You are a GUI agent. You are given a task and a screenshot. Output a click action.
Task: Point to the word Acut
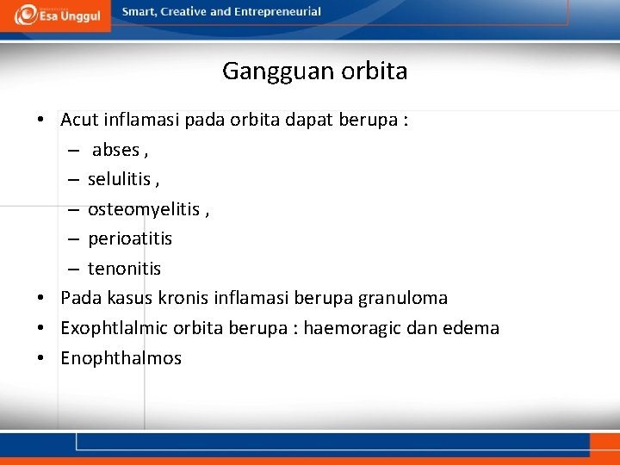click(78, 120)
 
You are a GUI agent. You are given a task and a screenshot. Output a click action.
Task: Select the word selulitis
click(120, 179)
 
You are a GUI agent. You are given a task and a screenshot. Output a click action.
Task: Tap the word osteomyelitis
click(143, 209)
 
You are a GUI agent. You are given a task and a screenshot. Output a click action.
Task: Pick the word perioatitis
click(130, 239)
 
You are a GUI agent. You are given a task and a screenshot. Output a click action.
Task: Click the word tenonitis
click(124, 269)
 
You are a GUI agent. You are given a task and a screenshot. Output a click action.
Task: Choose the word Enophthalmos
click(121, 358)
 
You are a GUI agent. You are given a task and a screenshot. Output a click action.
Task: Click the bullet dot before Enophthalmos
click(41, 358)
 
